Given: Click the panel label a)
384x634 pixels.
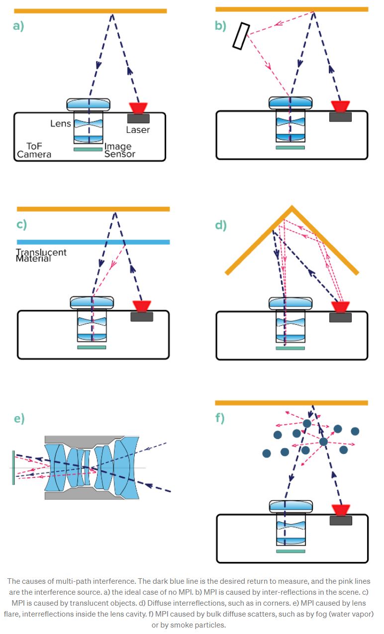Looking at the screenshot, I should (18, 26).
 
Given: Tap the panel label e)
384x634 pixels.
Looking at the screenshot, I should (19, 418).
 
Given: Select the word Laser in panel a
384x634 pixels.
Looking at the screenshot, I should (138, 130).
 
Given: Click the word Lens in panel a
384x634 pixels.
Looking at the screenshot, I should (61, 123).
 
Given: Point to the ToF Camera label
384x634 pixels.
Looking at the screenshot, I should (34, 150).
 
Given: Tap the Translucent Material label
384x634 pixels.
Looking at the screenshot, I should (41, 256).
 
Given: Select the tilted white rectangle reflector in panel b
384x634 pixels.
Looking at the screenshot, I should (241, 36).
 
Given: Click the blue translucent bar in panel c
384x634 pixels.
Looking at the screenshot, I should (93, 242).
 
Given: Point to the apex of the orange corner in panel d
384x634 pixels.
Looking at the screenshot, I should (291, 207).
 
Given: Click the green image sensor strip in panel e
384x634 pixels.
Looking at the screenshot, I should (13, 467).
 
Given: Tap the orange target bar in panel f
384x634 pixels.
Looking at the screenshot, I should (291, 403).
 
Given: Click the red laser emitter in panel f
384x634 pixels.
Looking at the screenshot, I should (341, 510).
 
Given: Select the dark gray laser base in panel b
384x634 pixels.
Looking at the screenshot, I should (340, 117).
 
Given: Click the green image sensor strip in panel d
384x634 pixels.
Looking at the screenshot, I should (290, 348).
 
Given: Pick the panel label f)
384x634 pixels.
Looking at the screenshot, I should (220, 418).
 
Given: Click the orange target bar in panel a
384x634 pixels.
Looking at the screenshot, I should (90, 11).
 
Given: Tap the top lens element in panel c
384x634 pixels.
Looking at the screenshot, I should (92, 301).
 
